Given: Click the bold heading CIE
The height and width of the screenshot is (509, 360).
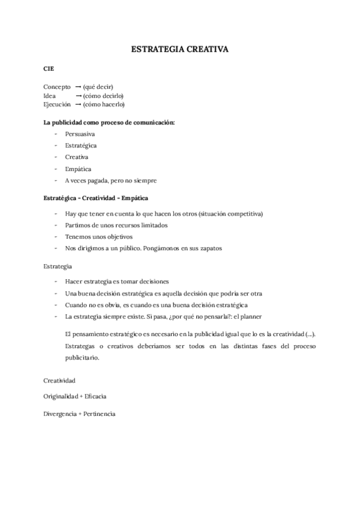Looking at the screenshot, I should pyautogui.click(x=49, y=69).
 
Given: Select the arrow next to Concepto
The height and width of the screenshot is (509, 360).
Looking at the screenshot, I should pyautogui.click(x=78, y=87).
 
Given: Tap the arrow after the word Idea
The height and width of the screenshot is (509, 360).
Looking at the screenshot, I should pyautogui.click(x=78, y=95).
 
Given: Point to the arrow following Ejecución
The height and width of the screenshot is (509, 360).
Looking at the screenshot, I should pyautogui.click(x=78, y=104).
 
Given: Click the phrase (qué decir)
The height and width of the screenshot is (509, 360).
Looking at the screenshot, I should pyautogui.click(x=98, y=87).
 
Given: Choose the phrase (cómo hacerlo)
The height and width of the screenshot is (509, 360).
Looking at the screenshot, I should pyautogui.click(x=104, y=104).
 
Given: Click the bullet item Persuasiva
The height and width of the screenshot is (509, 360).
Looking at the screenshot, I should pyautogui.click(x=80, y=134).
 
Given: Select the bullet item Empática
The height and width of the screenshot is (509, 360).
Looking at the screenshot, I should pyautogui.click(x=78, y=169).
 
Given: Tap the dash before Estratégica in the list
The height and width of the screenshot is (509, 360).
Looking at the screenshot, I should pyautogui.click(x=55, y=145).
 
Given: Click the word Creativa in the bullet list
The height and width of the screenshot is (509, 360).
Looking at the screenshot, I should pyautogui.click(x=77, y=157).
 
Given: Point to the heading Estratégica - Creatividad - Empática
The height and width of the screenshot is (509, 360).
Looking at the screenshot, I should pyautogui.click(x=95, y=197).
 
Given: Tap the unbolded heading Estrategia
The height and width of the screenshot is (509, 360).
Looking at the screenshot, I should pyautogui.click(x=58, y=265).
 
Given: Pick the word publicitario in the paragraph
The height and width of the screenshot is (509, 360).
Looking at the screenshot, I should pyautogui.click(x=81, y=358).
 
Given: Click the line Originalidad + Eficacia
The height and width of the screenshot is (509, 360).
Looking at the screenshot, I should pyautogui.click(x=75, y=397).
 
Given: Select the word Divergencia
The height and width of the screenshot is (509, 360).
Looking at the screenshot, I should pyautogui.click(x=59, y=414).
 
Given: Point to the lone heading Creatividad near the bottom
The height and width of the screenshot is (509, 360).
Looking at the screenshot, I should pyautogui.click(x=59, y=380).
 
